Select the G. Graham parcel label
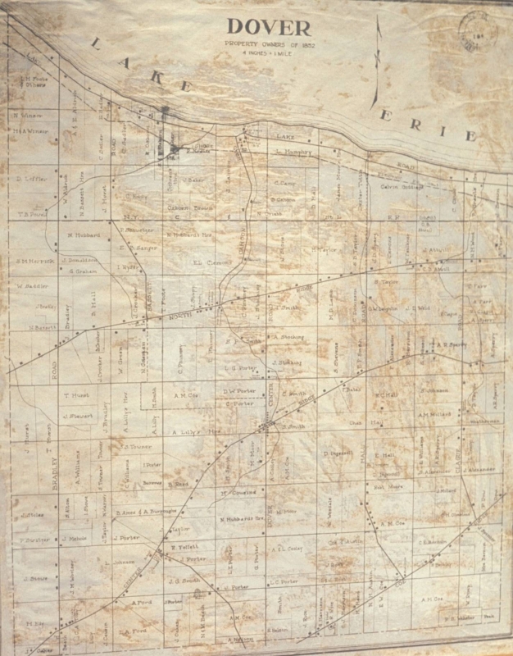84,270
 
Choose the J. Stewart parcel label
75,415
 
